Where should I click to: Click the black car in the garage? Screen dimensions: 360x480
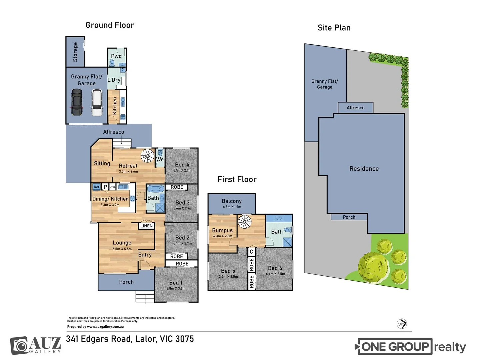pyautogui.click(x=76, y=102)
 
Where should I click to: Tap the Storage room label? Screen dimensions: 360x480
pyautogui.click(x=75, y=52)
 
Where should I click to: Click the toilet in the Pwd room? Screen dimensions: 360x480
pyautogui.click(x=112, y=62)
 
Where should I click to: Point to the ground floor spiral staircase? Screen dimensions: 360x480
pyautogui.click(x=147, y=155)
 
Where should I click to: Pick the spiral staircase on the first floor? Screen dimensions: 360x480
pyautogui.click(x=244, y=222)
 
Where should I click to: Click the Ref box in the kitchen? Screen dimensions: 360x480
pyautogui.click(x=96, y=187)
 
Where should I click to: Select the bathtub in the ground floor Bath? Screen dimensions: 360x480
pyautogui.click(x=155, y=189)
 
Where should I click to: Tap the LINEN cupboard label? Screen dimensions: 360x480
pyautogui.click(x=146, y=226)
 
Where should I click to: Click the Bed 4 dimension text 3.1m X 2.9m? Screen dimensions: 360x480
pyautogui.click(x=182, y=170)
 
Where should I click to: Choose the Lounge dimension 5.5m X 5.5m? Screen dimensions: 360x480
pyautogui.click(x=122, y=249)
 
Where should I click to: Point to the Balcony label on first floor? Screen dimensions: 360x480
pyautogui.click(x=232, y=201)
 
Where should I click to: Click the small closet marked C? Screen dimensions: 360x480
pyautogui.click(x=251, y=251)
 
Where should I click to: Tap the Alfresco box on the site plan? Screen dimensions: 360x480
pyautogui.click(x=355, y=108)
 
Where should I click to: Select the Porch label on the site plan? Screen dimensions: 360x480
pyautogui.click(x=349, y=217)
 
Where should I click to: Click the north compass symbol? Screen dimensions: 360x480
pyautogui.click(x=402, y=324)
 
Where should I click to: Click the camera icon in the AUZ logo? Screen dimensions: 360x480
pyautogui.click(x=21, y=346)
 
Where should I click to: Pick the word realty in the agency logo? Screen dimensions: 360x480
pyautogui.click(x=450, y=347)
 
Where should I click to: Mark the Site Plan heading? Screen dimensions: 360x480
pyautogui.click(x=334, y=28)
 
